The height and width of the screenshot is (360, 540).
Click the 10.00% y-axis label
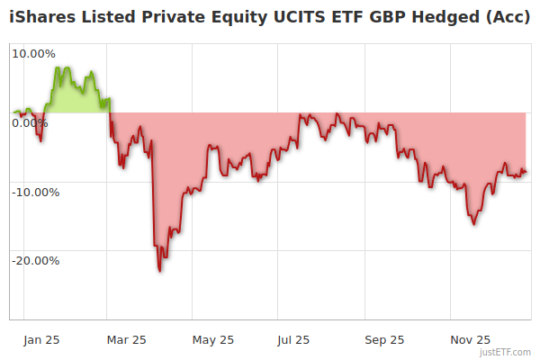[x=33, y=53]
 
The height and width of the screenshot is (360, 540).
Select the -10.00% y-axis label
[x=33, y=192]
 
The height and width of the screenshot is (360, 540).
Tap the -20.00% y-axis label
[x=33, y=261]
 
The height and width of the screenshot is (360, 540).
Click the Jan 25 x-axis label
[x=42, y=339]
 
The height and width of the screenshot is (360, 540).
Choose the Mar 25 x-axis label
[x=127, y=339]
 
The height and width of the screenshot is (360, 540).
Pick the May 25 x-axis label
[x=213, y=339]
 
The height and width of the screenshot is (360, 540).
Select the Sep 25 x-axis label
[x=384, y=339]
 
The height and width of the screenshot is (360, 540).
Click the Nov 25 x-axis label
[x=470, y=339]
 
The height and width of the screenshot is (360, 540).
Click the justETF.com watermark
[x=507, y=352]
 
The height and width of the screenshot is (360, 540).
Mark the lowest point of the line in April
[x=159, y=271]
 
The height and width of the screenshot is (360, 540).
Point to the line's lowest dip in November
[x=474, y=223]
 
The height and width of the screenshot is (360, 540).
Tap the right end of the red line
[x=526, y=172]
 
